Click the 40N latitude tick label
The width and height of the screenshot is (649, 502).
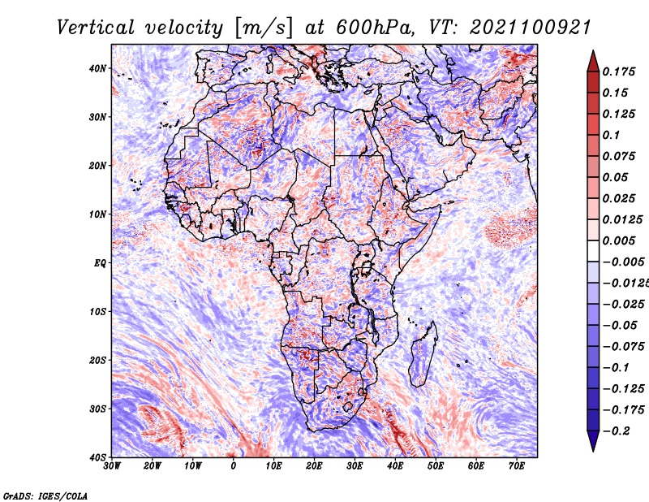(97, 68)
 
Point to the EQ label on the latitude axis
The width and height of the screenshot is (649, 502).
(100, 263)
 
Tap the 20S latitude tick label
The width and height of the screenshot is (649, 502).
(97, 360)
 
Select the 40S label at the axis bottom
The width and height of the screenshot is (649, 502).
(97, 457)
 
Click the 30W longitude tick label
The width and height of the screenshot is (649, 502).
(112, 466)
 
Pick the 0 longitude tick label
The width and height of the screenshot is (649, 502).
(234, 466)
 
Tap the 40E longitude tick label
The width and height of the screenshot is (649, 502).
(395, 466)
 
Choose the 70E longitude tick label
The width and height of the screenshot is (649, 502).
(517, 466)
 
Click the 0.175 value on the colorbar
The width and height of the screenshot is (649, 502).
(619, 71)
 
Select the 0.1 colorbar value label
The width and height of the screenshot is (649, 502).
(611, 135)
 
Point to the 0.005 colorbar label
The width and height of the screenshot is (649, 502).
(619, 240)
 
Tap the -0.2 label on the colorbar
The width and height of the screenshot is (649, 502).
(616, 431)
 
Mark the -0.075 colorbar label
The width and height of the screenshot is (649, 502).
(624, 346)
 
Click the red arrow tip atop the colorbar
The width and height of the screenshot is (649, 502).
(593, 51)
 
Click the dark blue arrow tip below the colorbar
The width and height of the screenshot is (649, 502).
(593, 451)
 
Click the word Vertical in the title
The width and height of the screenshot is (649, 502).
(95, 28)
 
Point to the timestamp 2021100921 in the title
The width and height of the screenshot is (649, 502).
(530, 28)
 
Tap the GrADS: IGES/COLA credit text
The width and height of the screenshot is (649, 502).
(45, 496)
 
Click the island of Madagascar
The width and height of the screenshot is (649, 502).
(423, 354)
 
